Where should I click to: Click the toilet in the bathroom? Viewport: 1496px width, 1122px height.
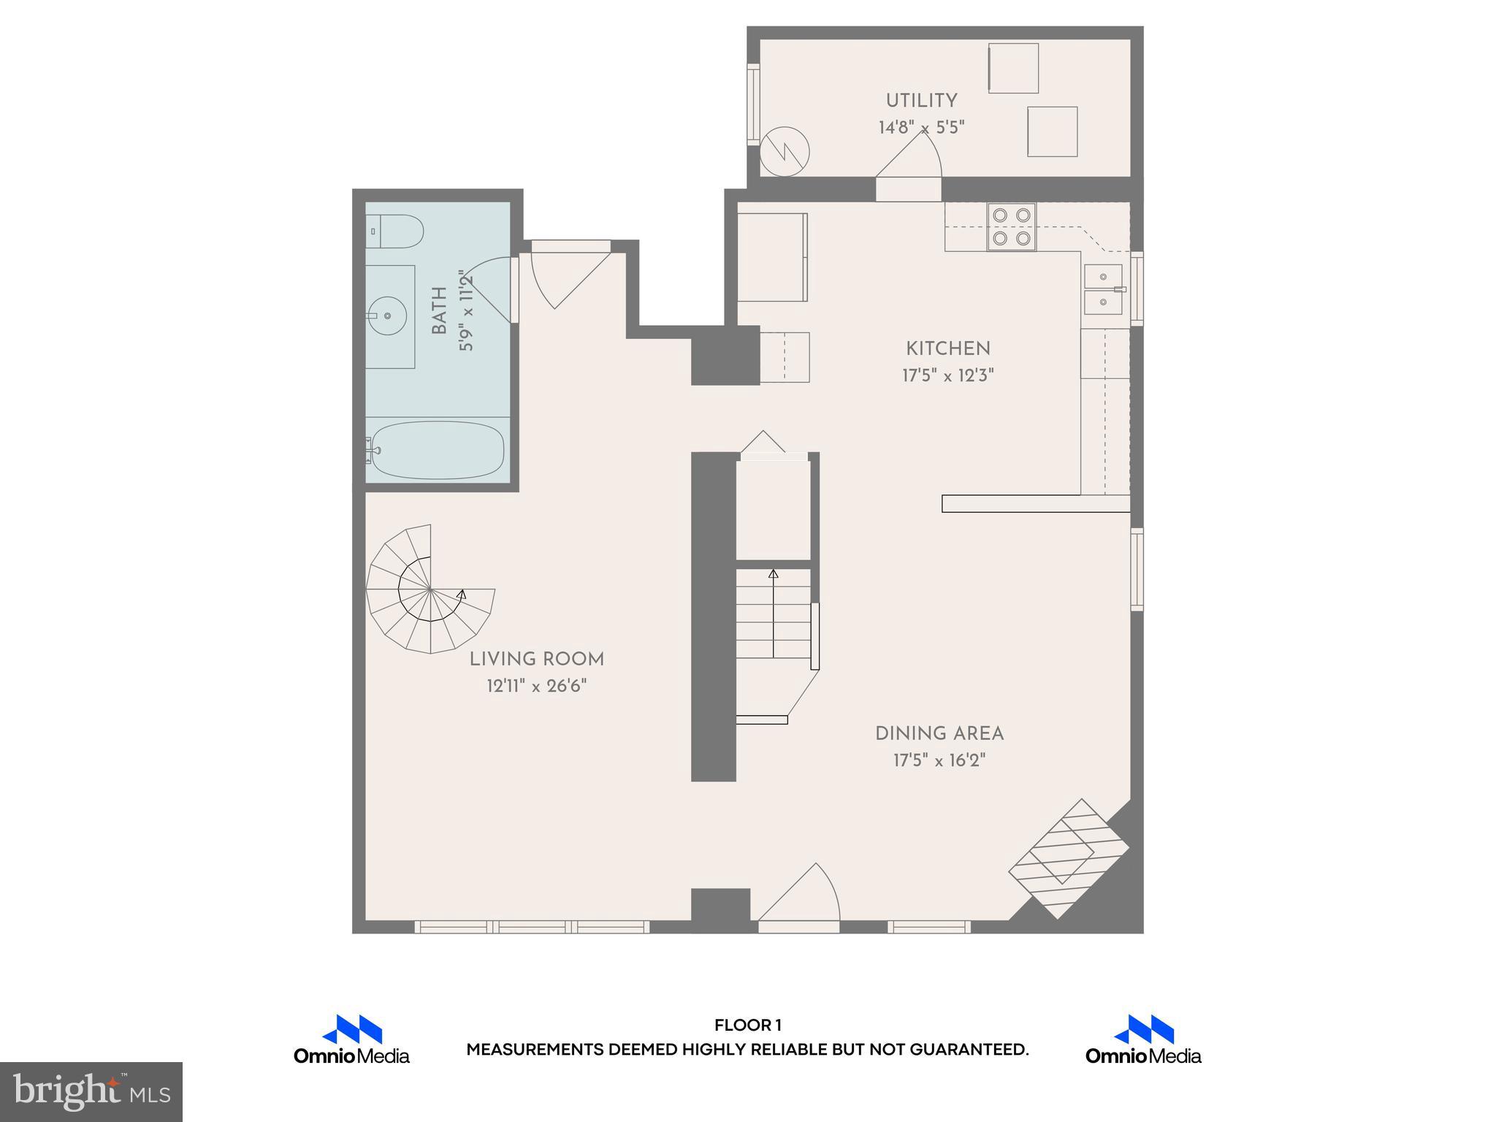coord(395,231)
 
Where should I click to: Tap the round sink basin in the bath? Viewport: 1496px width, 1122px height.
coord(388,316)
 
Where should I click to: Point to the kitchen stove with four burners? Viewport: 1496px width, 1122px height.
coord(1012,226)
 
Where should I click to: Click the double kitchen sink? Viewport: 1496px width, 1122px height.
coord(1103,289)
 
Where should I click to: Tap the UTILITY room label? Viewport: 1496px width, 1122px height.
coord(921,101)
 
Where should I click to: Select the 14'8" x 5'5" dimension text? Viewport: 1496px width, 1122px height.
coord(921,128)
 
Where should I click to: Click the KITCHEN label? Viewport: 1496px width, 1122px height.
coord(948,349)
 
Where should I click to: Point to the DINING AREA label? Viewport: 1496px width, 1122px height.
coord(939,733)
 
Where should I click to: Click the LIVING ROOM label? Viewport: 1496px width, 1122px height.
coord(537,660)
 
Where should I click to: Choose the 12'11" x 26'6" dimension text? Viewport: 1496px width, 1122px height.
coord(537,687)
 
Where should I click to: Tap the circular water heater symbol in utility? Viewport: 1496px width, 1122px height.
coord(785,153)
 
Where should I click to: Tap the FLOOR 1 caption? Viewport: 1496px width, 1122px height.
coord(747,1026)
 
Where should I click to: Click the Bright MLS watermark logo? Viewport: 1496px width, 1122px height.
coord(91,1091)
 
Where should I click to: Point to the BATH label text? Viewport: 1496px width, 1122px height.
coord(439,310)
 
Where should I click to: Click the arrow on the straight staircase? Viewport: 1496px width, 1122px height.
coord(774,575)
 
